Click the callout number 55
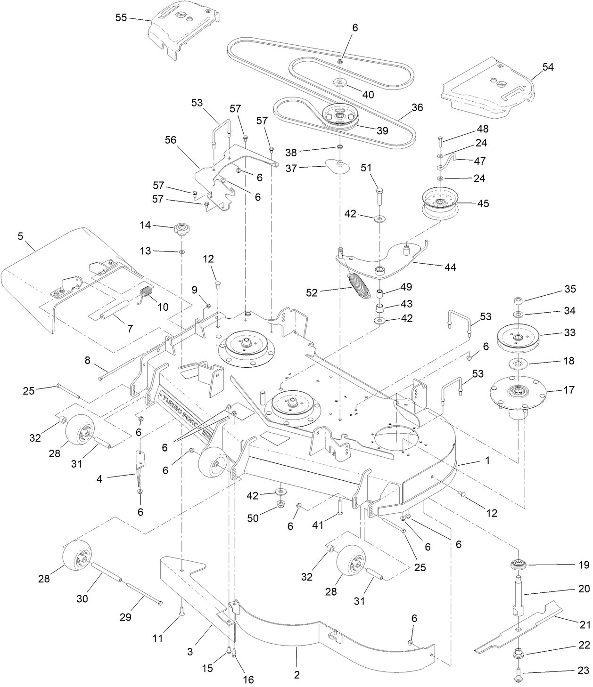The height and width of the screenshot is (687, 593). pos(121,18)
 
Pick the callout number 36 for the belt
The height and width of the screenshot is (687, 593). pos(417,108)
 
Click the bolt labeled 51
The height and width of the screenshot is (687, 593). pos(380,194)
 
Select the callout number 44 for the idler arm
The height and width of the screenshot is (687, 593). pos(450,267)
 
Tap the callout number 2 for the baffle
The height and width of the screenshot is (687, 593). pos(296,675)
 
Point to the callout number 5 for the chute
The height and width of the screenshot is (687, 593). pos(20,236)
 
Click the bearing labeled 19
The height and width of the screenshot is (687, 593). pos(519,564)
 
